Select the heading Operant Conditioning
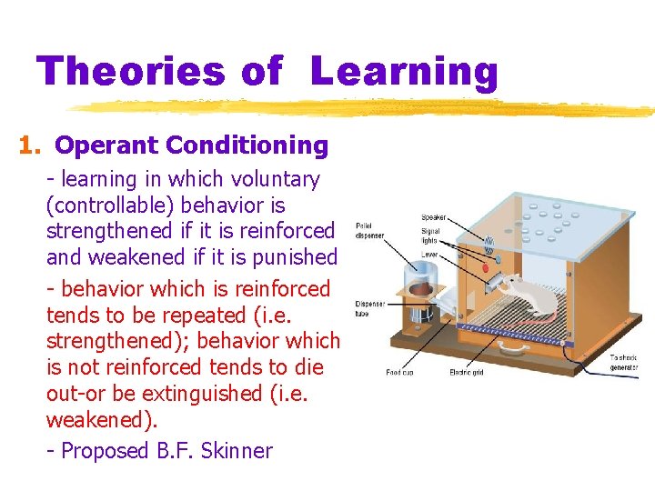[x=191, y=145]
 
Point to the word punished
[x=296, y=256]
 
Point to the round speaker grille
[x=489, y=242]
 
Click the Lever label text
[x=429, y=256]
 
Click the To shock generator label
[x=624, y=363]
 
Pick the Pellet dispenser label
[x=369, y=230]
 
